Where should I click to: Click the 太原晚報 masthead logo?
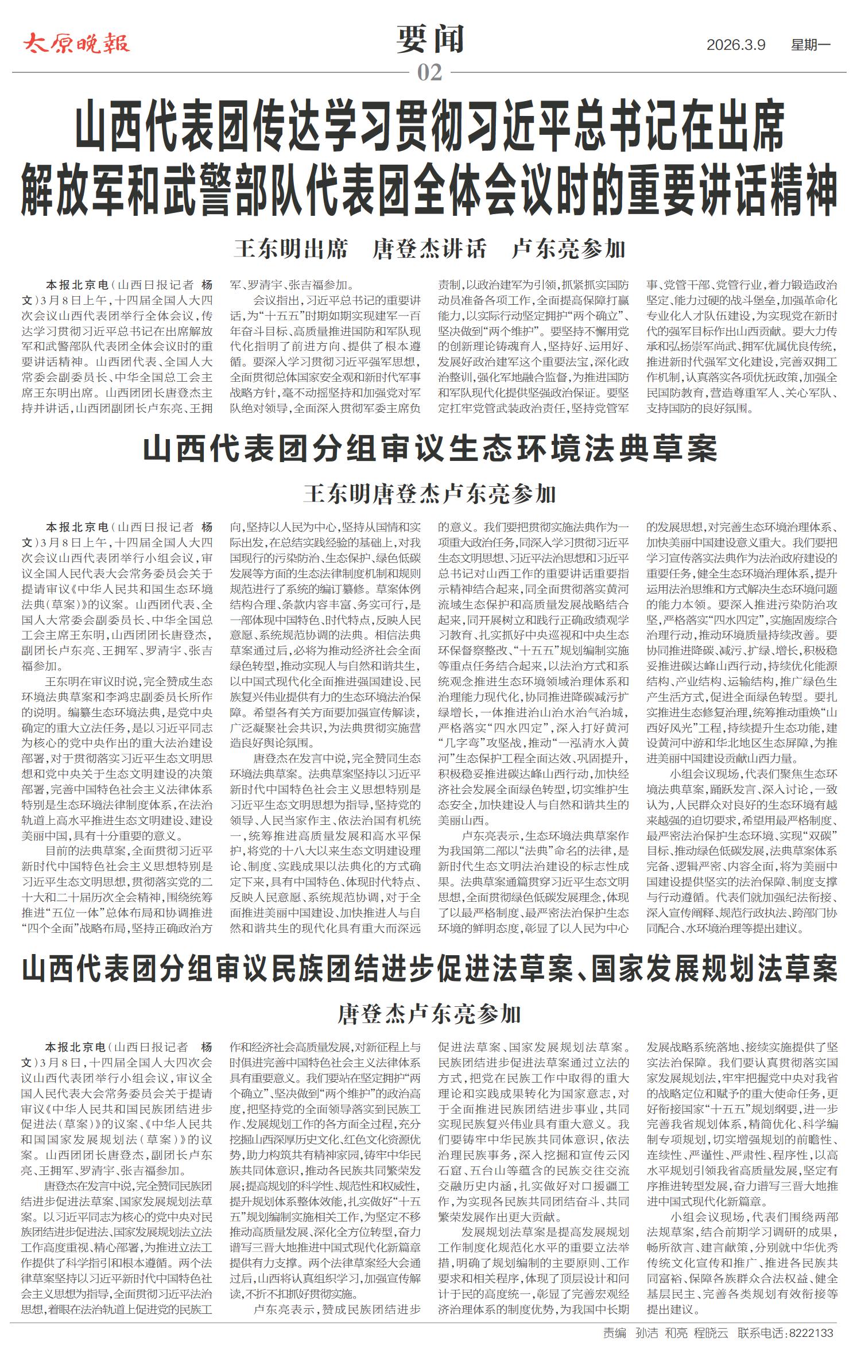point(76,44)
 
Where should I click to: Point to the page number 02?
point(430,73)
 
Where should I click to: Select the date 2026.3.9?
point(736,45)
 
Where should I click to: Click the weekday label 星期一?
point(810,45)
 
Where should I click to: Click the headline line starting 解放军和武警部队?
point(430,190)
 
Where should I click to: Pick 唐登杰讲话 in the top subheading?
point(429,249)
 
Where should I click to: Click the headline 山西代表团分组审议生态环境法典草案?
point(430,449)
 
